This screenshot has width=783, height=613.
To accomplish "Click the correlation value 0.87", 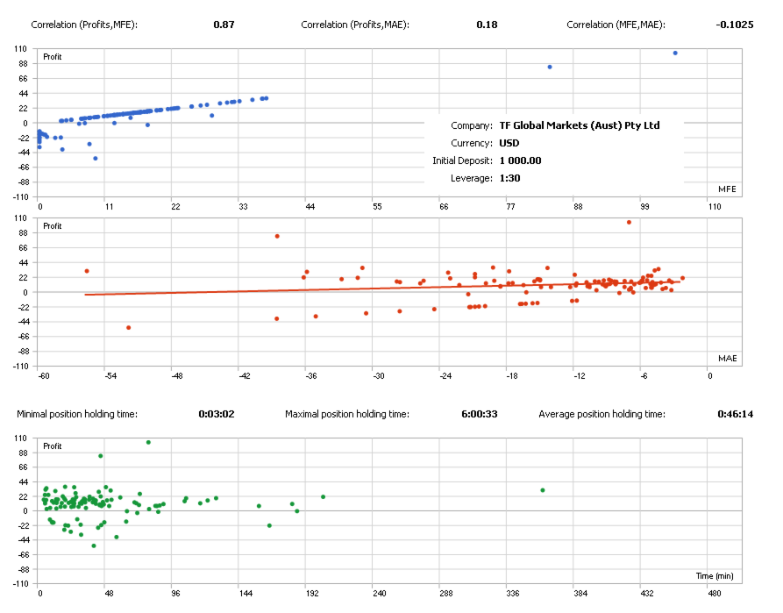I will click(x=224, y=25).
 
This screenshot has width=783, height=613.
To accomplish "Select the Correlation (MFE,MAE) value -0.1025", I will click(x=735, y=25).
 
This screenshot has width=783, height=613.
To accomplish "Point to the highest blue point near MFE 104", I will click(x=675, y=53).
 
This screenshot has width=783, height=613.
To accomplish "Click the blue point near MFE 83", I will click(x=550, y=67).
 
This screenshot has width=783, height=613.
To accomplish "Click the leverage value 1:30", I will click(x=511, y=178).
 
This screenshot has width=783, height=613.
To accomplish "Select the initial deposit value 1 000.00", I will click(x=520, y=160).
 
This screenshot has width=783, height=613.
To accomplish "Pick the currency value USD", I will click(x=509, y=143).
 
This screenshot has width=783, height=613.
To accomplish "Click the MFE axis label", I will click(x=726, y=189).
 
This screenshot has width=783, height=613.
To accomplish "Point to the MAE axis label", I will click(x=726, y=358).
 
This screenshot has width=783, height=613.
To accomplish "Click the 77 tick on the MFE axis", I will click(x=510, y=206).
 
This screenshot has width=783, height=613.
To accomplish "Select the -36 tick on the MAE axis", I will click(x=311, y=376).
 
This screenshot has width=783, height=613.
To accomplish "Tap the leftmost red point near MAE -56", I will click(x=87, y=271).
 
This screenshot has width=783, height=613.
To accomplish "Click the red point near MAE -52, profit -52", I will click(x=129, y=327).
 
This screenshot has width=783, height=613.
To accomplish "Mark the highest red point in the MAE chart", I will click(x=629, y=222).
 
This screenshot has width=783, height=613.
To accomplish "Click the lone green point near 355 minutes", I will click(x=543, y=490).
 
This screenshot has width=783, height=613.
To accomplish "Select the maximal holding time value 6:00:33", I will click(x=480, y=414).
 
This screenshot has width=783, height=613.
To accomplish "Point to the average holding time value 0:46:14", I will click(x=735, y=414).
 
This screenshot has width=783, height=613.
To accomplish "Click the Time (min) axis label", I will click(x=715, y=575).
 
